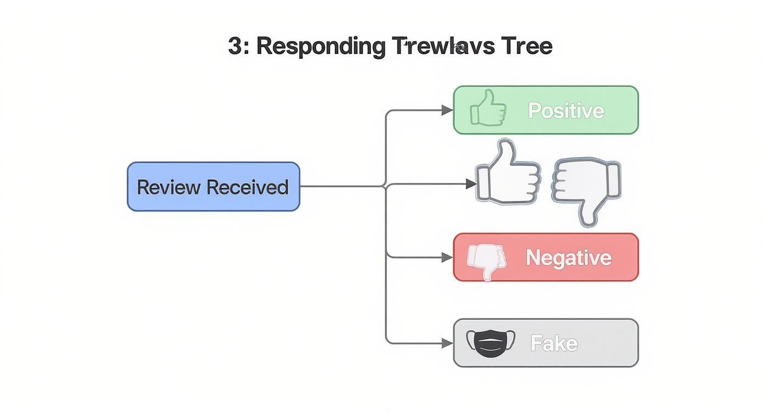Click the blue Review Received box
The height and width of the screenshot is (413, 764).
tap(214, 187)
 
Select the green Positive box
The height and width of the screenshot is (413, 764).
tap(546, 110)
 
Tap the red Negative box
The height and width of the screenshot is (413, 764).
tap(546, 257)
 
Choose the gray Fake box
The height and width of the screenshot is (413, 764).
tap(546, 343)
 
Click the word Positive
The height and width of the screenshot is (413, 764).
tap(566, 110)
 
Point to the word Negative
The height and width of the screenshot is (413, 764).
tap(568, 258)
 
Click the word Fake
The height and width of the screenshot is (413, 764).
tap(554, 344)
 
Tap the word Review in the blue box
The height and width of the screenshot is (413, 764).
tap(168, 187)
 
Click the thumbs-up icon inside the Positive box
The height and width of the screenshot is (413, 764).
tap(487, 108)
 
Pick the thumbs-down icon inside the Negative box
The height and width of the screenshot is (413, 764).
tap(486, 260)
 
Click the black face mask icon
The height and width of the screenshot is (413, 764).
tap(491, 343)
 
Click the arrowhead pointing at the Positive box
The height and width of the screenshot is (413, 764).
tap(448, 110)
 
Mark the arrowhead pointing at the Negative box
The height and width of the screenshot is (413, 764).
tap(448, 257)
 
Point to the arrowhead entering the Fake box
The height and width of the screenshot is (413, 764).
tap(448, 343)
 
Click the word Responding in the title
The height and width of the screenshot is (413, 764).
tap(321, 46)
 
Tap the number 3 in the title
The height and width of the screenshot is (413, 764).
tap(234, 46)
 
